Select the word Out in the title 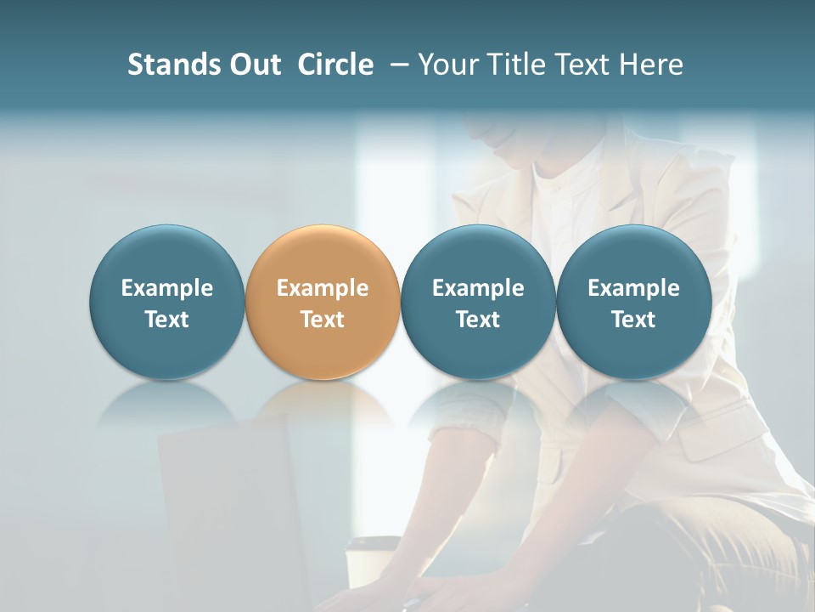[253, 65]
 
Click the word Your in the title [444, 65]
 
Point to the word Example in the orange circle [323, 288]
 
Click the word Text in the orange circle [323, 320]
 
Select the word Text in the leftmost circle [166, 320]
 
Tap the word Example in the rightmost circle [633, 288]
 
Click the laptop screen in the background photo [229, 510]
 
